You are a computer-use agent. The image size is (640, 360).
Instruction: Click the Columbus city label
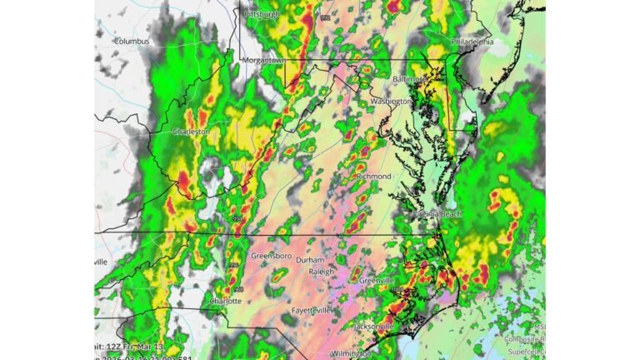point(132,41)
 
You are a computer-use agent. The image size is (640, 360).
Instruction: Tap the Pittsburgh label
point(261,14)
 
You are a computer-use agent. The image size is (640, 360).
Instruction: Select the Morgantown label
point(264,61)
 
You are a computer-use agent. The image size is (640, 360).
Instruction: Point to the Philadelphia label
point(472,41)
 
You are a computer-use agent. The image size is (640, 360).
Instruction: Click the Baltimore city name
point(410,78)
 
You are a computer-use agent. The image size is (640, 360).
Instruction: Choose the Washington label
point(391,101)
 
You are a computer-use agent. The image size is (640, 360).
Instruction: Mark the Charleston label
point(191,132)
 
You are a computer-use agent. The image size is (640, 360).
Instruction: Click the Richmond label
point(373,177)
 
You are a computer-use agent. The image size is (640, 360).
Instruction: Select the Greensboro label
point(272,256)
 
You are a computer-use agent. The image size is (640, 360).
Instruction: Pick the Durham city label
point(310,260)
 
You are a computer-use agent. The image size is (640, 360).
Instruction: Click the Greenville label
point(377,281)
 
